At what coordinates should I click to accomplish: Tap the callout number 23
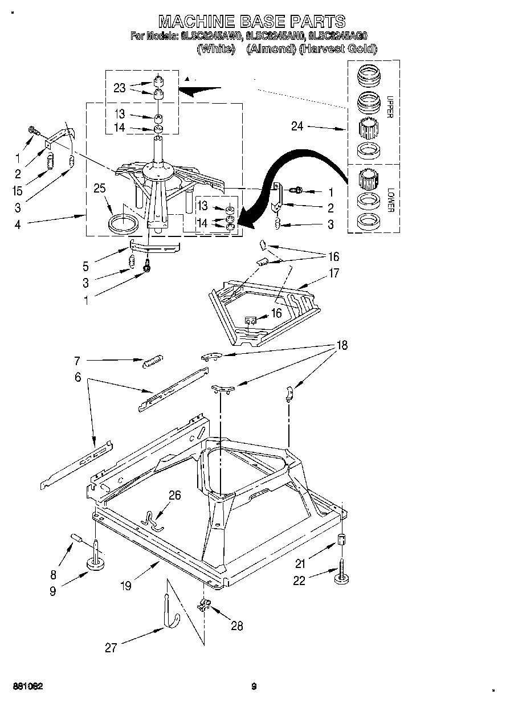tap(120, 88)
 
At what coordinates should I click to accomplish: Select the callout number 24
tap(297, 126)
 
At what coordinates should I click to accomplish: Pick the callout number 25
tap(101, 189)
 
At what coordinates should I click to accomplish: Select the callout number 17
tap(334, 273)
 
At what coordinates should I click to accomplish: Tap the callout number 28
tap(236, 626)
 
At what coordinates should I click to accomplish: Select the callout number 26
tap(174, 495)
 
